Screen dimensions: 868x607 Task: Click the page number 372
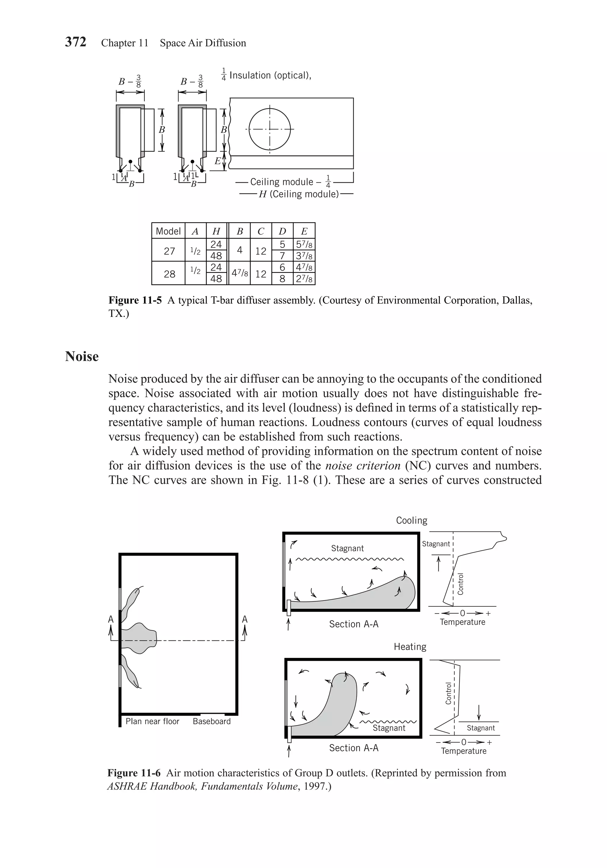coord(76,42)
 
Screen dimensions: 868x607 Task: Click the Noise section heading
coord(82,357)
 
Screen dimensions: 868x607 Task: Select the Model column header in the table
coord(168,231)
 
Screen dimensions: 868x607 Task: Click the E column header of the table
coord(304,231)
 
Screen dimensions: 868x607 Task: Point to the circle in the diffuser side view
coord(270,129)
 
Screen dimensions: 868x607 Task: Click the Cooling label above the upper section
coord(411,521)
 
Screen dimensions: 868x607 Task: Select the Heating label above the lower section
coord(410,647)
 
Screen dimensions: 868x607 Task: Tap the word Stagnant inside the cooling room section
coord(347,548)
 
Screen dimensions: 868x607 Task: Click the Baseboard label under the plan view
coord(212,721)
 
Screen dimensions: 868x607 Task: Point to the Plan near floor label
coord(152,721)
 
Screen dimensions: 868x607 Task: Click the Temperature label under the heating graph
coord(464,751)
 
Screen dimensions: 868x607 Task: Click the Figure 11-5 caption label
coord(135,301)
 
